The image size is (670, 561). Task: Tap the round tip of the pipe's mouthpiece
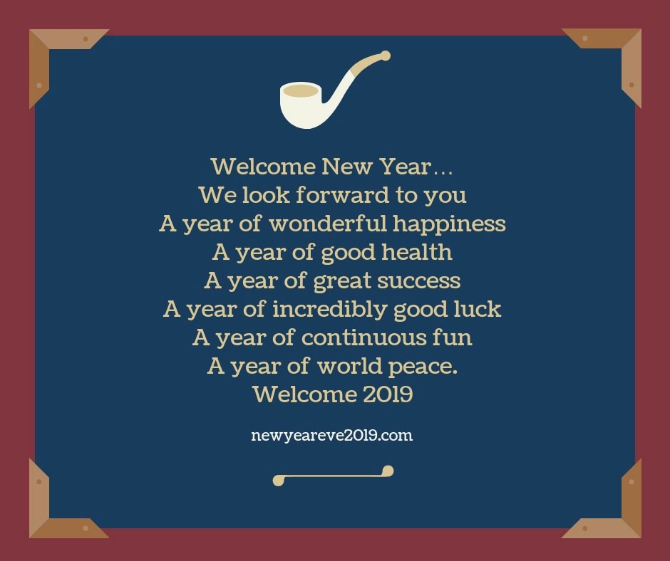pyautogui.click(x=386, y=55)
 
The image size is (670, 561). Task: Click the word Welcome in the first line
pyautogui.click(x=263, y=167)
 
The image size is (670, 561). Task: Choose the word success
pyautogui.click(x=418, y=280)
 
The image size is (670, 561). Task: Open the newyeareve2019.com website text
pyautogui.click(x=332, y=435)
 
